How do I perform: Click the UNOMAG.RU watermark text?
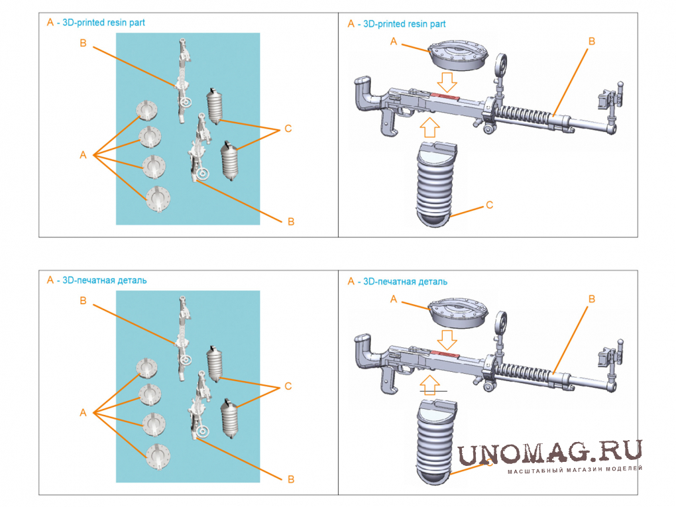pos(549,453)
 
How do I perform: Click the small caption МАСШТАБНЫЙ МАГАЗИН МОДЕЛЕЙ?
pos(575,470)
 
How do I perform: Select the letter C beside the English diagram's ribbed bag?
pos(489,205)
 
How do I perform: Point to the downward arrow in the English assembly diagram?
pos(447,82)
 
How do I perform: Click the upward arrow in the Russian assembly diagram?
pos(429,384)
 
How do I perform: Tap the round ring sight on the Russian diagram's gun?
pos(501,322)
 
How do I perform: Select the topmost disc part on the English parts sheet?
pos(146,111)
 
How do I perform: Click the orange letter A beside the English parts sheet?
pos(84,155)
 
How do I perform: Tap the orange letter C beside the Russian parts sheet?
pos(288,386)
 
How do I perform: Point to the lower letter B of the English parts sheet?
pos(291,221)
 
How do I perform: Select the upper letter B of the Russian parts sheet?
pos(84,301)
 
